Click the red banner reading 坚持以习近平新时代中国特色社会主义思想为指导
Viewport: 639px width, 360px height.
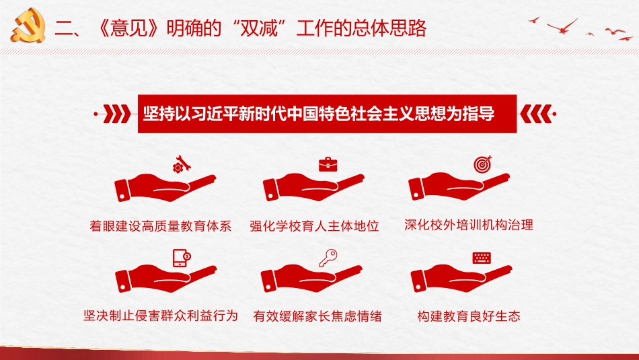pyautogui.click(x=319, y=114)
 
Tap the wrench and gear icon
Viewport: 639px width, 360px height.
pyautogui.click(x=180, y=164)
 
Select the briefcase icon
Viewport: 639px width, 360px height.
pyautogui.click(x=328, y=164)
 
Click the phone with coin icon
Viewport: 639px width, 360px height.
pyautogui.click(x=181, y=257)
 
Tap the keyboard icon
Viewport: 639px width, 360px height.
pyautogui.click(x=482, y=257)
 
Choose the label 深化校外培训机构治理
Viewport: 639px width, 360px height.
pyautogui.click(x=469, y=225)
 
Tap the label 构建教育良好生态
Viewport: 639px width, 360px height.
pyautogui.click(x=469, y=315)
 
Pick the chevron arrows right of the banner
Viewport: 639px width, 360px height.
pyautogui.click(x=533, y=112)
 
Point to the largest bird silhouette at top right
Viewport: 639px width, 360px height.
pyautogui.click(x=562, y=26)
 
